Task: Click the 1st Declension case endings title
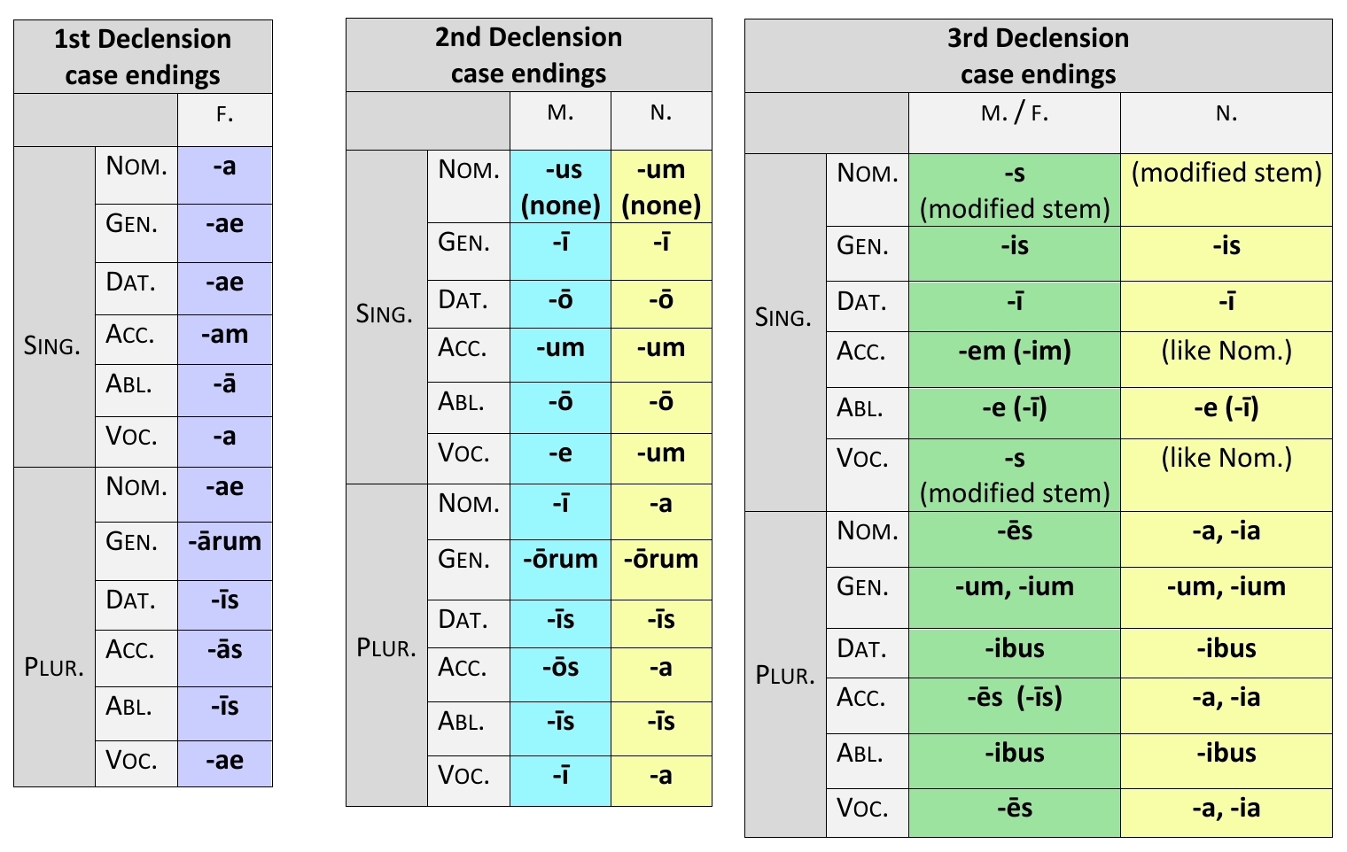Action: [x=143, y=57]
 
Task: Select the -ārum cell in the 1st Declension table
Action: [x=224, y=541]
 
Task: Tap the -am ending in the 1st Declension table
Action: [x=224, y=335]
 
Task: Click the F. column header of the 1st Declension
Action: [x=224, y=115]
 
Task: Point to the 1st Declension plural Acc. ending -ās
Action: [x=224, y=650]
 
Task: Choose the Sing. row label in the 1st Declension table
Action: [x=52, y=346]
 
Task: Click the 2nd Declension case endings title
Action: [x=528, y=55]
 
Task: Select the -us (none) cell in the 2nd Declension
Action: [x=560, y=187]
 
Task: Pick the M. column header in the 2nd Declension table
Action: [x=560, y=113]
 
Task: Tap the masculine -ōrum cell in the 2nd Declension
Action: [x=560, y=560]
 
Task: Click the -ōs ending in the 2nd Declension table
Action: [x=560, y=668]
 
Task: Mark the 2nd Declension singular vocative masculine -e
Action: [x=560, y=453]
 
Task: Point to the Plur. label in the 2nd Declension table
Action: [x=385, y=648]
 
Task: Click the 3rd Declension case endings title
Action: [x=1038, y=56]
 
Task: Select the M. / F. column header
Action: [x=1014, y=114]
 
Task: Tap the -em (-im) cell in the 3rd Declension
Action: [x=1014, y=352]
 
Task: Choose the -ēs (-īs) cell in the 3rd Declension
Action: [x=1014, y=698]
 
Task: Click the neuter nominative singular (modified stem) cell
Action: [x=1226, y=173]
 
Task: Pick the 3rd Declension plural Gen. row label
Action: [x=862, y=587]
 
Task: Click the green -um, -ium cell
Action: [x=1014, y=587]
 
